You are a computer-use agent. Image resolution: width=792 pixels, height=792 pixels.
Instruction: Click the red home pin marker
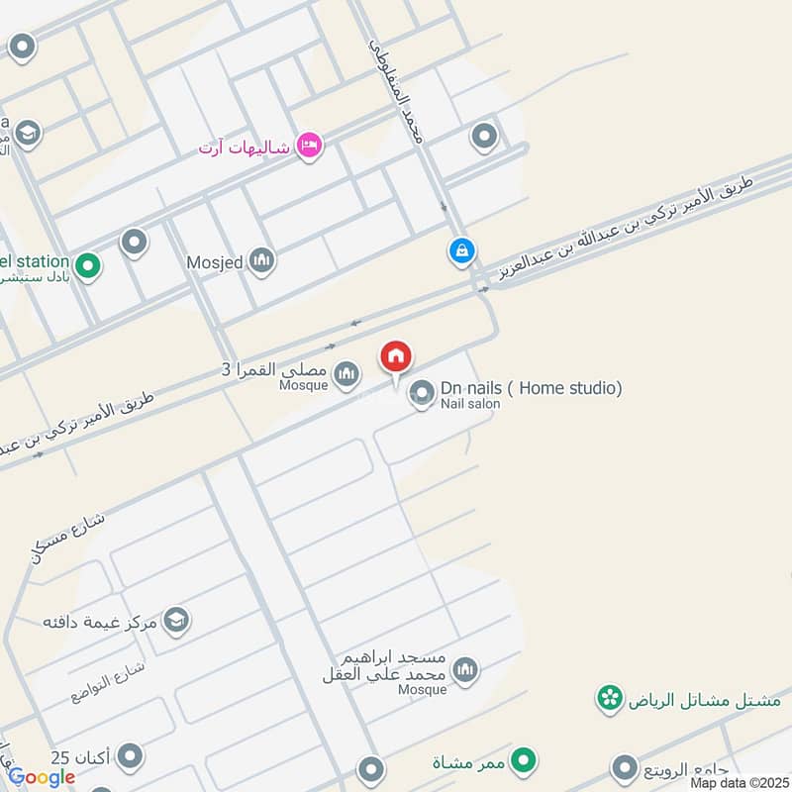(396, 357)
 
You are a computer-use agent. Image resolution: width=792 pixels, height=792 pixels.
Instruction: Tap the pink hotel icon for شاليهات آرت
(309, 147)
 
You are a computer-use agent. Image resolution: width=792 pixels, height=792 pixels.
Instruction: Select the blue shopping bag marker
(461, 250)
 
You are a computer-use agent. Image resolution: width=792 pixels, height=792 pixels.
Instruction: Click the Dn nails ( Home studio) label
(531, 388)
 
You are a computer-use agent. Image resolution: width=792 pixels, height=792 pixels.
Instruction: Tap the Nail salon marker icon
(423, 394)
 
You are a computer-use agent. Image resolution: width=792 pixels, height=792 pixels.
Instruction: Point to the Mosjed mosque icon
(261, 261)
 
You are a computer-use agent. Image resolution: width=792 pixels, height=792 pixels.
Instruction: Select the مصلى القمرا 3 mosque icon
(346, 372)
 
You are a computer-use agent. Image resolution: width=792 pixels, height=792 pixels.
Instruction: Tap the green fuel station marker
(88, 266)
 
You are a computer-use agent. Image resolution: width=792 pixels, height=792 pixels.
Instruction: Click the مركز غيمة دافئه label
(102, 622)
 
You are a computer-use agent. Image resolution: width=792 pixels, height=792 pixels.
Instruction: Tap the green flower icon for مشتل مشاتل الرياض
(608, 700)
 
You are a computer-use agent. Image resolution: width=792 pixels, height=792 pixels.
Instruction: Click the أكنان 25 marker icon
(128, 757)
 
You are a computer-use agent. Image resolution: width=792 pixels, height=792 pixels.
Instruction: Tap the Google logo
(42, 777)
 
